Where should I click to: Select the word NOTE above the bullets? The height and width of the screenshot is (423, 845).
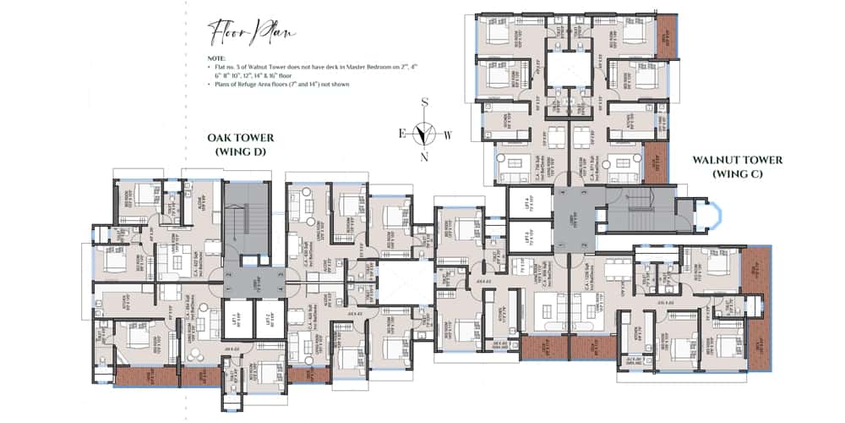tap(215, 58)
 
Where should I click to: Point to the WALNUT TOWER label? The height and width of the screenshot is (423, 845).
tap(738, 160)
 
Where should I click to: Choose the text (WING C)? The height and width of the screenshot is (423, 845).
tap(738, 173)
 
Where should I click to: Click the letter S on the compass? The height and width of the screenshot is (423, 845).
tap(427, 102)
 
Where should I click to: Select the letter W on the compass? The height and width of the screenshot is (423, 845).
tap(449, 134)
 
